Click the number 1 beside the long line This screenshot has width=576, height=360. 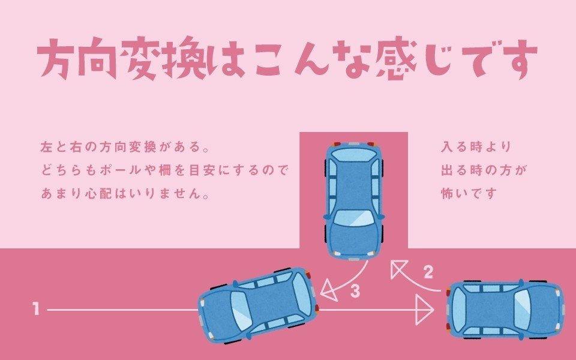pyautogui.click(x=35, y=309)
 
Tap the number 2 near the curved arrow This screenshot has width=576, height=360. pyautogui.click(x=428, y=272)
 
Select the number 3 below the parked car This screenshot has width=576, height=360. pyautogui.click(x=355, y=290)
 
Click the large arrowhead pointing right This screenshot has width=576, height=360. pyautogui.click(x=424, y=310)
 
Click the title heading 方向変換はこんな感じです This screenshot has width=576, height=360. pyautogui.click(x=287, y=58)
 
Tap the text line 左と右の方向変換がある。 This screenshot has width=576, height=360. pyautogui.click(x=125, y=147)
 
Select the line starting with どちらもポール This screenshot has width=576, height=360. pyautogui.click(x=164, y=170)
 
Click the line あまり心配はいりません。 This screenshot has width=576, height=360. pyautogui.click(x=125, y=193)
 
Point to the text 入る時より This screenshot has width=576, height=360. pyautogui.click(x=476, y=147)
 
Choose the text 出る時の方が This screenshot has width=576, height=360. pyautogui.click(x=484, y=170)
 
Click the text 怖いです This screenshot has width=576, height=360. pyautogui.click(x=469, y=193)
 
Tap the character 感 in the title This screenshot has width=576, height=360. pyautogui.click(x=398, y=59)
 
